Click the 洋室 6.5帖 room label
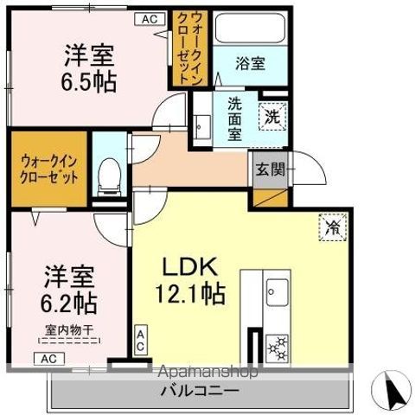[x=90, y=67]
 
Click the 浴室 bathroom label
[x=252, y=62]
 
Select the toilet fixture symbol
[x=111, y=176]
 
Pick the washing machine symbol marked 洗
[x=271, y=117]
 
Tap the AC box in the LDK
[x=140, y=338]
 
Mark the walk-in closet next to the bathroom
[x=187, y=48]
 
